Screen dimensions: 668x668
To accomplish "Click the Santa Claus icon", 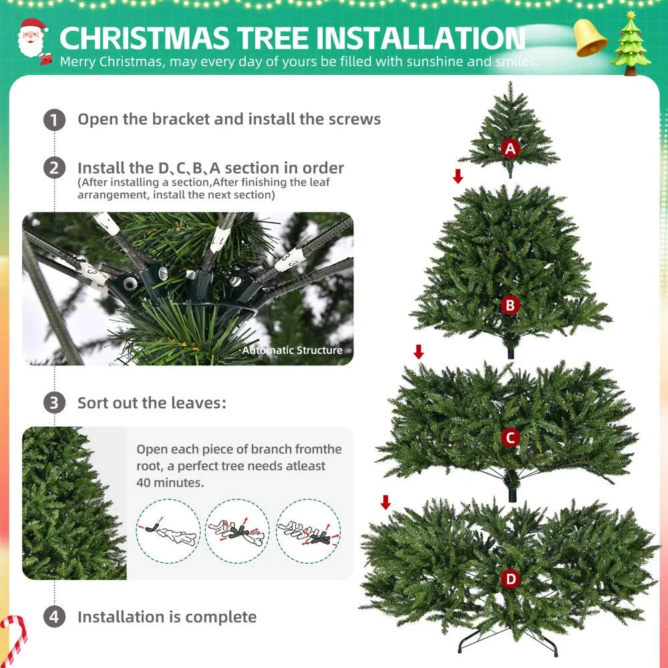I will [31, 39].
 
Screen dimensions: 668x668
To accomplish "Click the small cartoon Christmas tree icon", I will [631, 43].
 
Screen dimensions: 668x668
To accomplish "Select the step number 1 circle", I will [55, 120].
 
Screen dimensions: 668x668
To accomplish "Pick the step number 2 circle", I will [55, 168].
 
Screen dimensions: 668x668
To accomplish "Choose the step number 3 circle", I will [55, 403].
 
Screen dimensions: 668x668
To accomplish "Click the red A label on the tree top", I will [510, 148].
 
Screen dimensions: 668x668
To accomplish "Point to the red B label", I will [510, 305].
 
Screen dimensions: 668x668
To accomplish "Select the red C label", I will [510, 438].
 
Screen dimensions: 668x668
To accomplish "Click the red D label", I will [510, 579].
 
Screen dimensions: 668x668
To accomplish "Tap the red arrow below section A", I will [458, 176].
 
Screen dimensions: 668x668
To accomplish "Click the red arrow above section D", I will [385, 502].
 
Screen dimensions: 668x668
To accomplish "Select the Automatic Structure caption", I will [292, 350].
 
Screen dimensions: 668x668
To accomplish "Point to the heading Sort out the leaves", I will [152, 403].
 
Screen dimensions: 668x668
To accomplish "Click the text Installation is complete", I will [167, 617].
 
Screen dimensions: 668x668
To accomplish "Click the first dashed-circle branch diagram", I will [168, 532].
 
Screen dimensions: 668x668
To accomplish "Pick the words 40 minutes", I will [170, 482].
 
